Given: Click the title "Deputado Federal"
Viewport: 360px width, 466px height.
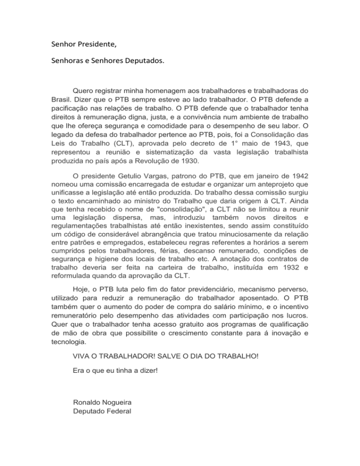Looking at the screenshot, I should coord(102,412).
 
